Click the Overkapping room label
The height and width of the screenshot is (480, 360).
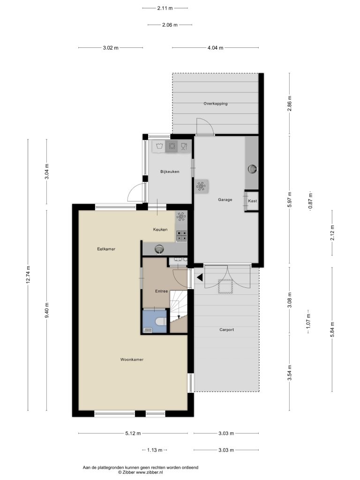pos(216,104)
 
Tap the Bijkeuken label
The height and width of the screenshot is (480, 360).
pos(170,172)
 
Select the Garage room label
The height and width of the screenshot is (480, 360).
pos(225,200)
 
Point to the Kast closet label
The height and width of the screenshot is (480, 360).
pos(253,201)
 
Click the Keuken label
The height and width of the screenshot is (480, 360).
pos(160,229)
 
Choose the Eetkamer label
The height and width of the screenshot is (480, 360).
pos(106,249)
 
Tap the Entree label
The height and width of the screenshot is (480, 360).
pos(161,291)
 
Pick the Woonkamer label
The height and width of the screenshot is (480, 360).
pos(132,360)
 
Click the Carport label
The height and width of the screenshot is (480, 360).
pos(226,330)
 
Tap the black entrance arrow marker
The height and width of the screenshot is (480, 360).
pos(200,277)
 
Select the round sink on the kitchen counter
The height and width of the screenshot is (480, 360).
pos(159,249)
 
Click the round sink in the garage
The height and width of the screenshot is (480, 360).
pos(252,169)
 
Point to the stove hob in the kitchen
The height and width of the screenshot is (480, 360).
pos(181,236)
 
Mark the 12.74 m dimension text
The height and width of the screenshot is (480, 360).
pos(28,275)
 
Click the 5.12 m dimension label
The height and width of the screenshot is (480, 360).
pos(133,433)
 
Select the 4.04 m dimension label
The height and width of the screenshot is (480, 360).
pos(215,48)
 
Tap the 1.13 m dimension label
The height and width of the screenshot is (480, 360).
pos(155,450)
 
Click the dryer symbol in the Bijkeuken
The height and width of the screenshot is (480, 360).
pos(172,146)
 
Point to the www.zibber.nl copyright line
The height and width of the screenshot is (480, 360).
pos(141,472)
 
